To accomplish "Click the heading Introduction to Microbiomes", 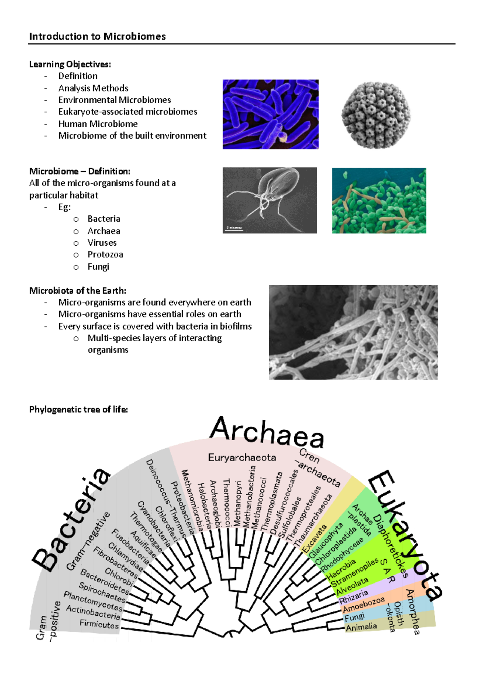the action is (97, 36).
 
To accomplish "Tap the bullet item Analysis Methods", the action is (93, 88).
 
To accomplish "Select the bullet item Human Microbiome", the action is (98, 124).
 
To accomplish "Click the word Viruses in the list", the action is (102, 243).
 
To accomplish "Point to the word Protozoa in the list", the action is (105, 255).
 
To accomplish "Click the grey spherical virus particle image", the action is (376, 115).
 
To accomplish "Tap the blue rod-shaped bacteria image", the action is (270, 114).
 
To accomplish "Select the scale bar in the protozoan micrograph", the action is (234, 229).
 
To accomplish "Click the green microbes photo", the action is (379, 201).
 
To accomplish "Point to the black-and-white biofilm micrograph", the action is (353, 332).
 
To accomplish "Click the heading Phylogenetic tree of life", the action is (78, 409).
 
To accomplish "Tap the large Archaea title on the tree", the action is (266, 433).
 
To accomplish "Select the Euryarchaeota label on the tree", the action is (242, 458).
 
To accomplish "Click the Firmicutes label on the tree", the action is (99, 624).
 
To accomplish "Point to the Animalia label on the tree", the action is (361, 627).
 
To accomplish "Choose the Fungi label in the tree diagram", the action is (354, 617).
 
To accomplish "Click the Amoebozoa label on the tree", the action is (363, 605).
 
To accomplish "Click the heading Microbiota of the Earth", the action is (78, 290).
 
